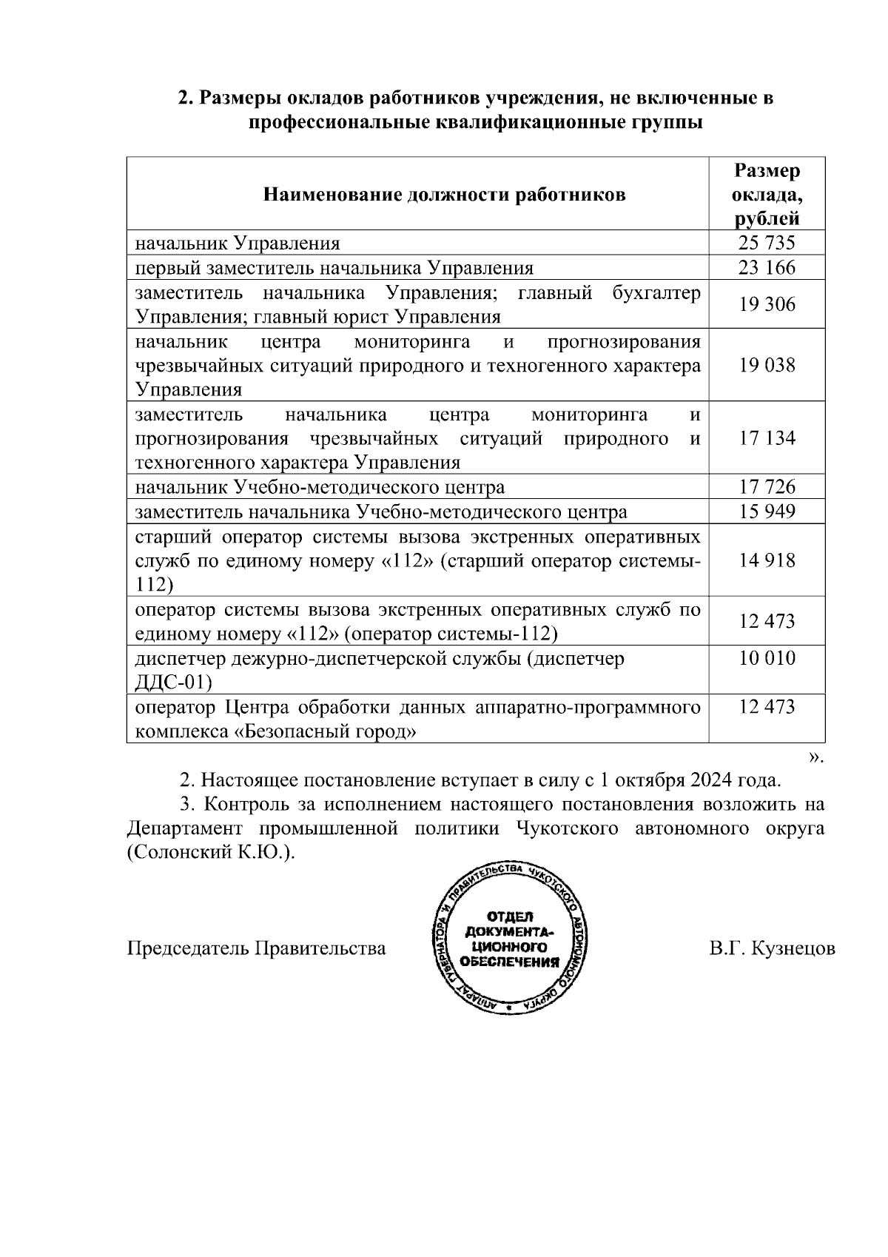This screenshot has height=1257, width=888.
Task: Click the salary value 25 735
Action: (x=767, y=243)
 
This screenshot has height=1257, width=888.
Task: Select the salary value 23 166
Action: (x=767, y=267)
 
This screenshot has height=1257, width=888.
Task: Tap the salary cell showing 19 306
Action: (x=767, y=304)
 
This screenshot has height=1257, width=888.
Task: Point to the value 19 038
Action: (x=767, y=365)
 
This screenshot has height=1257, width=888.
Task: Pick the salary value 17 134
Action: (x=767, y=438)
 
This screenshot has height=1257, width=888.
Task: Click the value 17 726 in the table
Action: (x=767, y=487)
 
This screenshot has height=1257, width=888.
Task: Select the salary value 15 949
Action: (x=767, y=512)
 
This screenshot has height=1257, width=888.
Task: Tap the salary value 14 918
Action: (x=767, y=560)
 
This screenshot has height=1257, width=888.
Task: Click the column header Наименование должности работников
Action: (x=444, y=195)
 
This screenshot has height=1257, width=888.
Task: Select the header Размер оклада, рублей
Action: (x=767, y=195)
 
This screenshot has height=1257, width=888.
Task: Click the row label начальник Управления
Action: (x=237, y=243)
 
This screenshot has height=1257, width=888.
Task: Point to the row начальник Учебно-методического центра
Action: (x=320, y=487)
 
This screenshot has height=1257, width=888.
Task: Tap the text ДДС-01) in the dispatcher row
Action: (x=173, y=682)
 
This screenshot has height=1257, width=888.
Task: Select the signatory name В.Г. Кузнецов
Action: (x=772, y=949)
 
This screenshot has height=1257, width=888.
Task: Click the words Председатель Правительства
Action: (x=257, y=949)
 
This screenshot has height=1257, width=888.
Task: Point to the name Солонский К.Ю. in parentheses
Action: (x=209, y=853)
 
